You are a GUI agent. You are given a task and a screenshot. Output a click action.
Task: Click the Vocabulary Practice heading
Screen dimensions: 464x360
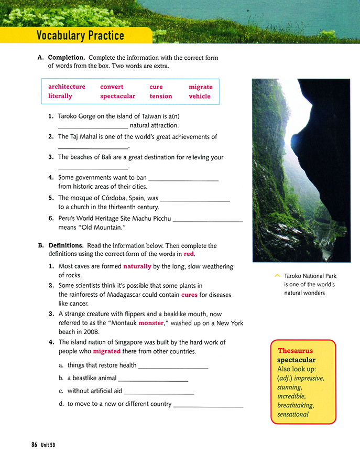point(80,36)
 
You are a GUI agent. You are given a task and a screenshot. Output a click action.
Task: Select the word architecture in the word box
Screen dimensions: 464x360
point(67,87)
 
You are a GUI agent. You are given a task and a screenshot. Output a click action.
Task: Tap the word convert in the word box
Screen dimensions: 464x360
point(112,87)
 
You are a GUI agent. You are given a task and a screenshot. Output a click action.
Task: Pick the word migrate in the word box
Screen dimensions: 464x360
point(201,87)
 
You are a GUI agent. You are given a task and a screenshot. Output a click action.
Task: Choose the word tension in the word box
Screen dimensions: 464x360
point(160,96)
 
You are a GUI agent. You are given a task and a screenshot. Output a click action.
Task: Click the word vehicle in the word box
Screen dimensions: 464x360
point(200,96)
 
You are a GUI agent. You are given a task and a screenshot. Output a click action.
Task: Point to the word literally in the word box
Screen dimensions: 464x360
point(60,96)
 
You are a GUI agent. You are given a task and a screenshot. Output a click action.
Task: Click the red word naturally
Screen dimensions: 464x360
point(137,266)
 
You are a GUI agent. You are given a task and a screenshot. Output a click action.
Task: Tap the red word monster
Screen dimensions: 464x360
point(151,323)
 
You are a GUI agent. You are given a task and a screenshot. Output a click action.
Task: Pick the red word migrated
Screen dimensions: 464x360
point(107,351)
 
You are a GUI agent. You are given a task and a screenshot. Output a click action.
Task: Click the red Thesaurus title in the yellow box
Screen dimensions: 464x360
point(295,350)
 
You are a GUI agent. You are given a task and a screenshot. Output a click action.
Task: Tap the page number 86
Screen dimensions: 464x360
point(34,445)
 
